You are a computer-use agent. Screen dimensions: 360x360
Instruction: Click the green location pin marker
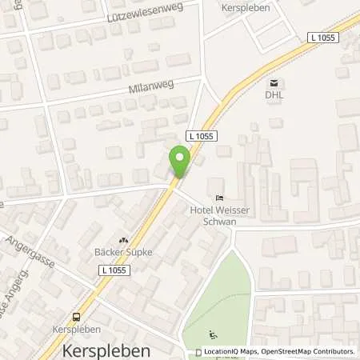(180, 163)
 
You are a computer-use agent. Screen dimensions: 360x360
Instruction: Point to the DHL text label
(275, 94)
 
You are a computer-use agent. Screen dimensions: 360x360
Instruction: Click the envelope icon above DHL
(275, 82)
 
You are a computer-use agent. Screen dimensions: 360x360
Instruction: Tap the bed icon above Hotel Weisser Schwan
(218, 198)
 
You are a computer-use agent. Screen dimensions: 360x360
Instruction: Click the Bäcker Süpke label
(123, 252)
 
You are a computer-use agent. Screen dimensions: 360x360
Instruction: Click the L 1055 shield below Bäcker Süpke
(117, 274)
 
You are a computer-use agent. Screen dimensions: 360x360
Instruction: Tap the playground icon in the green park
(211, 334)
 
